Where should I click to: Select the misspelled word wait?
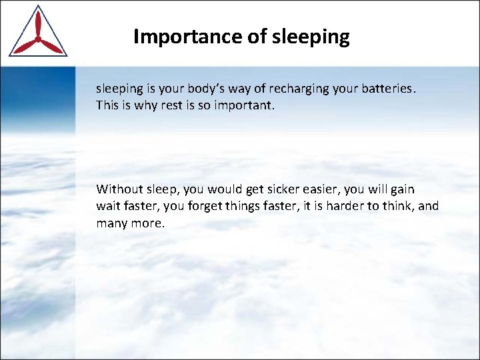pos(108,206)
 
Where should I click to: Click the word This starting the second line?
pos(107,105)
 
